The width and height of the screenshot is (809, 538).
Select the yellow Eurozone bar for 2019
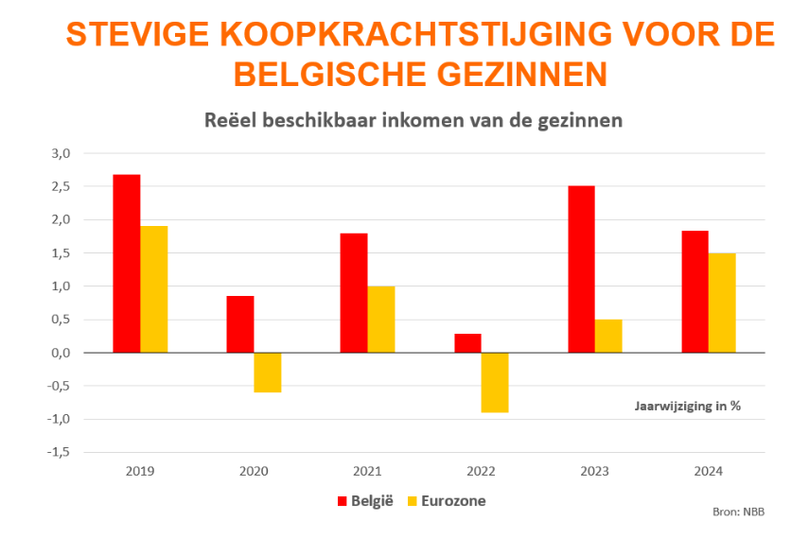pos(154,288)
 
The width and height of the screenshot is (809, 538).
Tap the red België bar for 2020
pos(240,323)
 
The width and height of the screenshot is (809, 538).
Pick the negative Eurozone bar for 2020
pos(268,373)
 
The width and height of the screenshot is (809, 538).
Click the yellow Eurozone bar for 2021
pos(381,319)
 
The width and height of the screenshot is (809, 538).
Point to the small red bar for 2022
pos(467,342)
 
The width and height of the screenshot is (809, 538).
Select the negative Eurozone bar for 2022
pos(495,382)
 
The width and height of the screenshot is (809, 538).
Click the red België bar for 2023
pos(581,269)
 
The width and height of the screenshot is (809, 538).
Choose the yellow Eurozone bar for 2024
pos(722,303)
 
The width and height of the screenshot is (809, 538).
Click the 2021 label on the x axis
pos(367,470)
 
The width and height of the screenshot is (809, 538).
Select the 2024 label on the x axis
pos(708,470)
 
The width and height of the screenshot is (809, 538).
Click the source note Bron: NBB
pos(738,512)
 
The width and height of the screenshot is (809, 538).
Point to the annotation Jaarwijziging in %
pos(687,406)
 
